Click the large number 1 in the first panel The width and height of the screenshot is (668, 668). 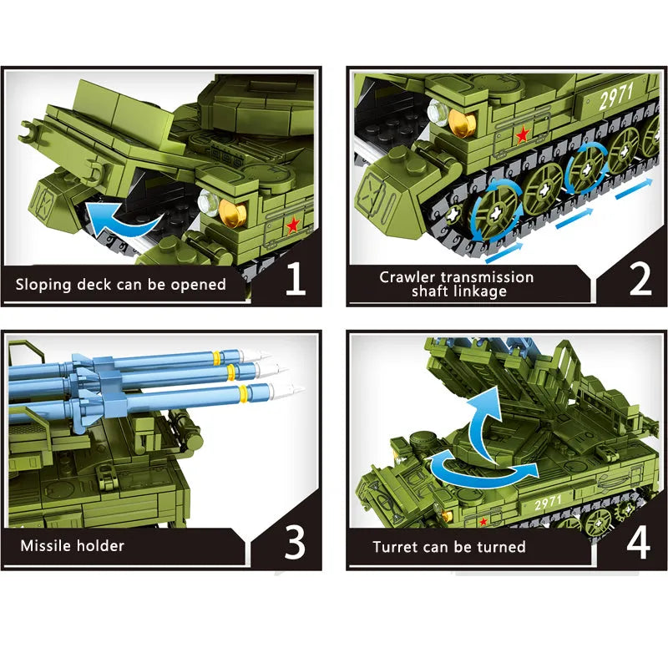pos(296,279)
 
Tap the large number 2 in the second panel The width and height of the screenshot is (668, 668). pos(640,279)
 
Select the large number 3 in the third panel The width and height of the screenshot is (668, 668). pos(295,542)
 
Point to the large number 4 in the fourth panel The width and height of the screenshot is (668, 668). pos(638,542)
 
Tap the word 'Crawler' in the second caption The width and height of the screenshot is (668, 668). pos(407,277)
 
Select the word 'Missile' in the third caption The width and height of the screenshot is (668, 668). pos(45,546)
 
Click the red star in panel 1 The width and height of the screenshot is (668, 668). pos(293,225)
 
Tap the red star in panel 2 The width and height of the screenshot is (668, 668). pos(523,135)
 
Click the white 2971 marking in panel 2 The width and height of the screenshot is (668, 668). pos(616,96)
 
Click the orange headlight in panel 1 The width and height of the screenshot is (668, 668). pos(233,211)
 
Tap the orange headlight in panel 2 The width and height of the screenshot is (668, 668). pos(462,123)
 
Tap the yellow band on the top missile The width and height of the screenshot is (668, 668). pos(217,357)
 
